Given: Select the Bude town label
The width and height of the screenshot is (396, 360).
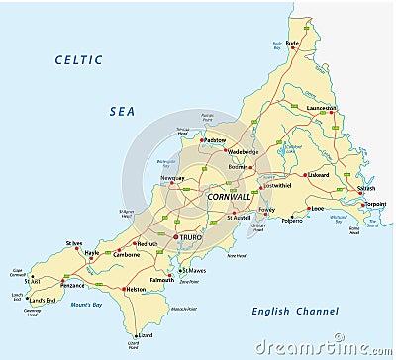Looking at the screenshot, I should coord(291,44).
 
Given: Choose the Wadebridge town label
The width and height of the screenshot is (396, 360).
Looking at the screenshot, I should coord(243,153).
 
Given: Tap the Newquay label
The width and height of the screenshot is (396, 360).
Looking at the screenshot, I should coord(173,179).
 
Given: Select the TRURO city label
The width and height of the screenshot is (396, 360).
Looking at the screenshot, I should coord(190,238).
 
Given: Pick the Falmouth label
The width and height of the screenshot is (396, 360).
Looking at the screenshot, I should coord(161,280).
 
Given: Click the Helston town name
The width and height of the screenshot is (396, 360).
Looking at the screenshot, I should coord(136,290).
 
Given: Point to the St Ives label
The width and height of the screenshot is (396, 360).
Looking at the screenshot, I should coord(74,243).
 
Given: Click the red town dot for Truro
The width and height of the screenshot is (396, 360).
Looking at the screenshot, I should coord(175,238).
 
